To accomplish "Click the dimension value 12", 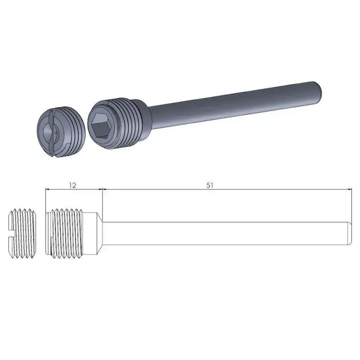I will click(73, 185).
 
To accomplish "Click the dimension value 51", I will click(210, 185).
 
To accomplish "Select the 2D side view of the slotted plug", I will click(22, 234).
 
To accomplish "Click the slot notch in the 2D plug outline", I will click(11, 234).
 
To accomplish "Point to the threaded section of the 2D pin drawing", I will click(67, 234).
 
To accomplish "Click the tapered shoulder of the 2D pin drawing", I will click(98, 234).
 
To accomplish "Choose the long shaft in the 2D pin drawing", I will click(225, 234).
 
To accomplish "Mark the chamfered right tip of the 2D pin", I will click(349, 234).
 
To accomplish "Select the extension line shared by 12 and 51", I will click(103, 202).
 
